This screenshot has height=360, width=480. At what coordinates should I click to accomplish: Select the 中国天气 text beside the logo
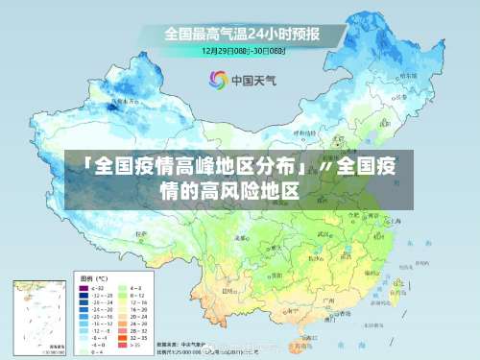pyautogui.click(x=253, y=81)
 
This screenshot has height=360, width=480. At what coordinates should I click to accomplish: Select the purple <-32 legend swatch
pyautogui.click(x=84, y=288)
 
